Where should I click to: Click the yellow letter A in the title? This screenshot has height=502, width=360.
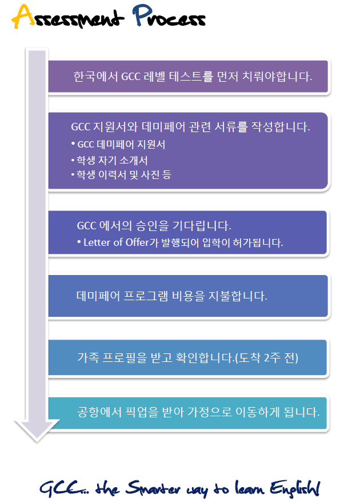click(23, 16)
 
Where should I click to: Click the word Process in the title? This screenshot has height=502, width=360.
click(169, 15)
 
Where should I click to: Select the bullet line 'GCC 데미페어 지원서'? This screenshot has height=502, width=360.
click(118, 145)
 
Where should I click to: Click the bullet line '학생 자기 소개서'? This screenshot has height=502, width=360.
click(109, 160)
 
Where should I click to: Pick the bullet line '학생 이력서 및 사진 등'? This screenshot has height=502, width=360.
click(121, 174)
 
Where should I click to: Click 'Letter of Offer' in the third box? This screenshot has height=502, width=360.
click(117, 242)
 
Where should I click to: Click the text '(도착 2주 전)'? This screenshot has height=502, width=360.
click(266, 357)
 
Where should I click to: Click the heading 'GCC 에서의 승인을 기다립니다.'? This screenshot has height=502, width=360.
click(154, 226)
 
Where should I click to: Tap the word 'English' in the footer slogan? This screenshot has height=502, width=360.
click(295, 488)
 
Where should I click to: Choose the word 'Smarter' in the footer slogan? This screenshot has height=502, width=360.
click(153, 488)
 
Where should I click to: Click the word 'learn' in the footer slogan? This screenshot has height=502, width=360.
click(250, 488)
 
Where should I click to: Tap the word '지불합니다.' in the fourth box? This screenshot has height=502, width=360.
click(238, 296)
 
